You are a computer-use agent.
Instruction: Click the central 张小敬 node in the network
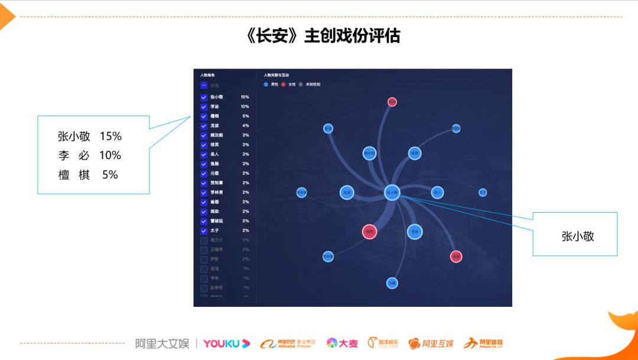(393, 192)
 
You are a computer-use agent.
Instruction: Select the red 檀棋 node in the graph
(369, 232)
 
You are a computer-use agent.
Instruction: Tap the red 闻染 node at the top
(392, 102)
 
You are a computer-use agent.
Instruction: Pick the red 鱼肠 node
(455, 257)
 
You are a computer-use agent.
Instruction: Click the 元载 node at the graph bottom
(392, 283)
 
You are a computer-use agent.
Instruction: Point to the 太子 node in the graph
(483, 192)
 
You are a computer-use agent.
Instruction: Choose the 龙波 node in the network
(347, 192)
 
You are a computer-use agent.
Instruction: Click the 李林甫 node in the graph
(302, 192)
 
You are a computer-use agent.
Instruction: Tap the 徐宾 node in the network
(415, 153)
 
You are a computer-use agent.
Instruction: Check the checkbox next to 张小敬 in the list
(204, 97)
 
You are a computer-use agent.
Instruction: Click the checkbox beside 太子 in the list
(204, 231)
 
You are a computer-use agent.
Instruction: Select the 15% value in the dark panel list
(245, 97)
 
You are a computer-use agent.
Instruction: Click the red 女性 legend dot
(283, 85)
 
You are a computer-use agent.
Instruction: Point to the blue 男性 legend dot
(266, 85)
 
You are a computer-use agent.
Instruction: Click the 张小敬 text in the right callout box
(577, 236)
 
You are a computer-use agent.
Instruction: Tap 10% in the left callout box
(110, 155)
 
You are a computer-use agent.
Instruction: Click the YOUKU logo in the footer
(227, 343)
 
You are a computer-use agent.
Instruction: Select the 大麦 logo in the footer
(343, 343)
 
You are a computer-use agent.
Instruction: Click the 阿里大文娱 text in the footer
(162, 343)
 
